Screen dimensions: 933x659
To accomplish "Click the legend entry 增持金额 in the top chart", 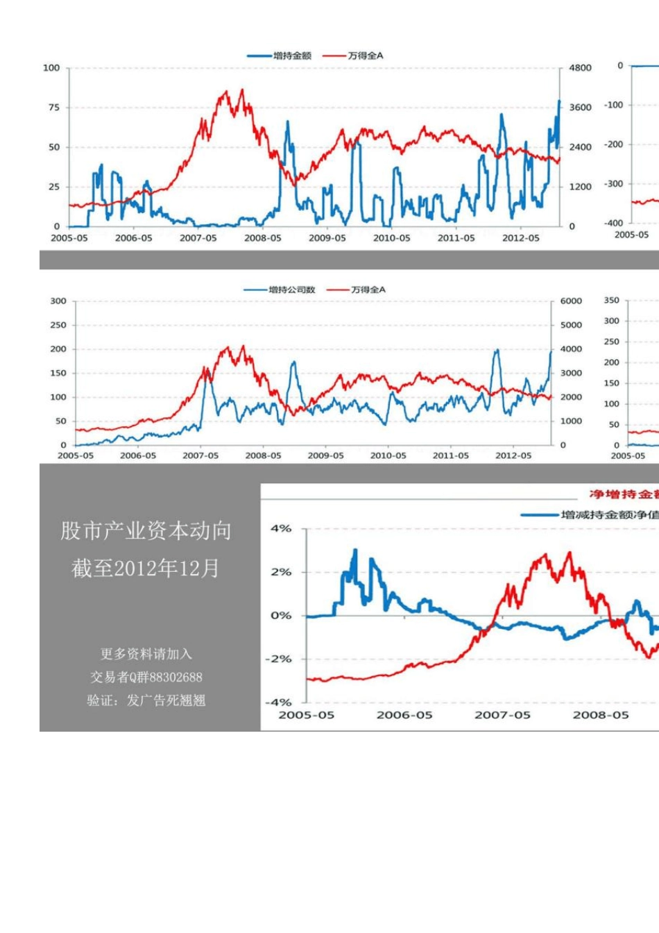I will click(292, 56).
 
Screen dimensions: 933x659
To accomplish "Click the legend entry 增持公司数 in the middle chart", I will click(291, 289).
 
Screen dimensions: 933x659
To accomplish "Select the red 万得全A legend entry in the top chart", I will click(365, 56).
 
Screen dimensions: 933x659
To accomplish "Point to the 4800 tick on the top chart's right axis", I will click(580, 68).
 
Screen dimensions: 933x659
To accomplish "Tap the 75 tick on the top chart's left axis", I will click(53, 108).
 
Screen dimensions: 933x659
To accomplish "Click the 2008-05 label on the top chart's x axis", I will click(263, 238).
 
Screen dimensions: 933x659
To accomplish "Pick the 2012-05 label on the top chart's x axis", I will click(520, 238).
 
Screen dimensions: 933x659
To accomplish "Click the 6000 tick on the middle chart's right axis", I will click(571, 301).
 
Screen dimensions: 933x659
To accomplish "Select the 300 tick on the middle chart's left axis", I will click(58, 301).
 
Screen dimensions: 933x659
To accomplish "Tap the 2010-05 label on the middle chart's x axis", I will click(388, 456).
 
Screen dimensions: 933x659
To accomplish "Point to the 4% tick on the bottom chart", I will click(281, 529).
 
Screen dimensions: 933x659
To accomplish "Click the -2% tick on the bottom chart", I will click(279, 659).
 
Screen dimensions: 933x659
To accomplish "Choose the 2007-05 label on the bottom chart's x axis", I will click(502, 715).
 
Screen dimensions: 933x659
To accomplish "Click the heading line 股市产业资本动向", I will click(146, 531).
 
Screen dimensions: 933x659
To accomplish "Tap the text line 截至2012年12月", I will click(146, 569).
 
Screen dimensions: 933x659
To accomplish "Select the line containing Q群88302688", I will click(146, 677).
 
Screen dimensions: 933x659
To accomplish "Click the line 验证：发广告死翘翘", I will click(146, 700).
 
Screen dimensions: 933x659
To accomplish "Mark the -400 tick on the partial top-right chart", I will click(614, 224).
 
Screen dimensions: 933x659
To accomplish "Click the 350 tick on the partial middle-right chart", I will click(611, 301).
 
